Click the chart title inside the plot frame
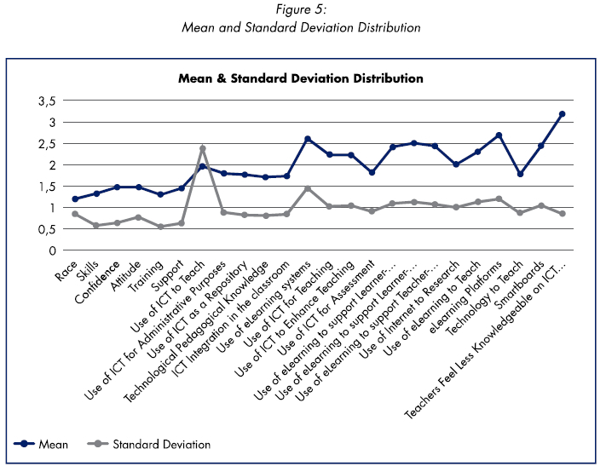301,78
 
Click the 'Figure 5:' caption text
301,11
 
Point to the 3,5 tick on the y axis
46,101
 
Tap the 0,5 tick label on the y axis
46,229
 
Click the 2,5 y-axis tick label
46,143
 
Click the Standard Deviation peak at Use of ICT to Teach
202,148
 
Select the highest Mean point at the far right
563,113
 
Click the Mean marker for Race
75,199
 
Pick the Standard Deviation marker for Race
75,214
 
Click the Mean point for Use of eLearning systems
308,139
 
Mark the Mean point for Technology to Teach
520,174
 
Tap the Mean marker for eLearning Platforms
499,135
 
